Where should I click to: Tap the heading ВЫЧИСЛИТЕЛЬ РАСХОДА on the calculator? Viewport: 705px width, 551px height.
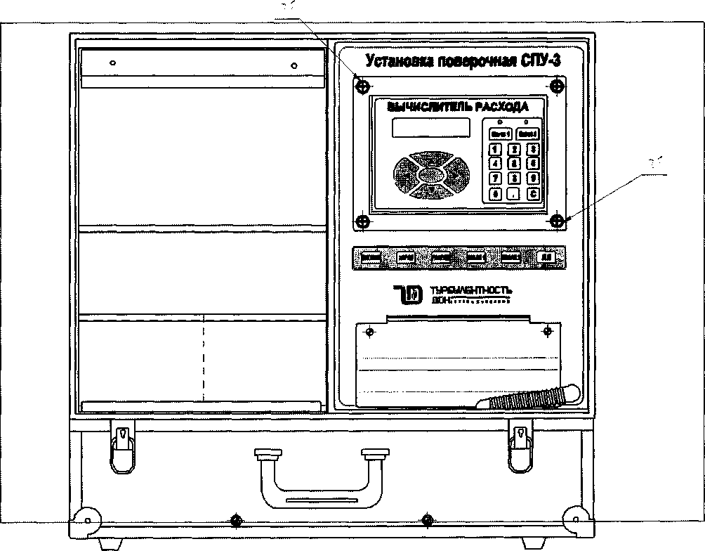(x=456, y=107)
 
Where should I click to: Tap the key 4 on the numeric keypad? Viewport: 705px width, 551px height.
(x=496, y=163)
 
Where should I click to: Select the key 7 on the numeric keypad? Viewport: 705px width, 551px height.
(x=496, y=178)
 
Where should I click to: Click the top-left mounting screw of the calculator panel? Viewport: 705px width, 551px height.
(x=362, y=86)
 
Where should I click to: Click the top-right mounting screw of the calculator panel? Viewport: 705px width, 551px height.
(x=557, y=86)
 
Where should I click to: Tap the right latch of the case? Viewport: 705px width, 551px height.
(x=520, y=446)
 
